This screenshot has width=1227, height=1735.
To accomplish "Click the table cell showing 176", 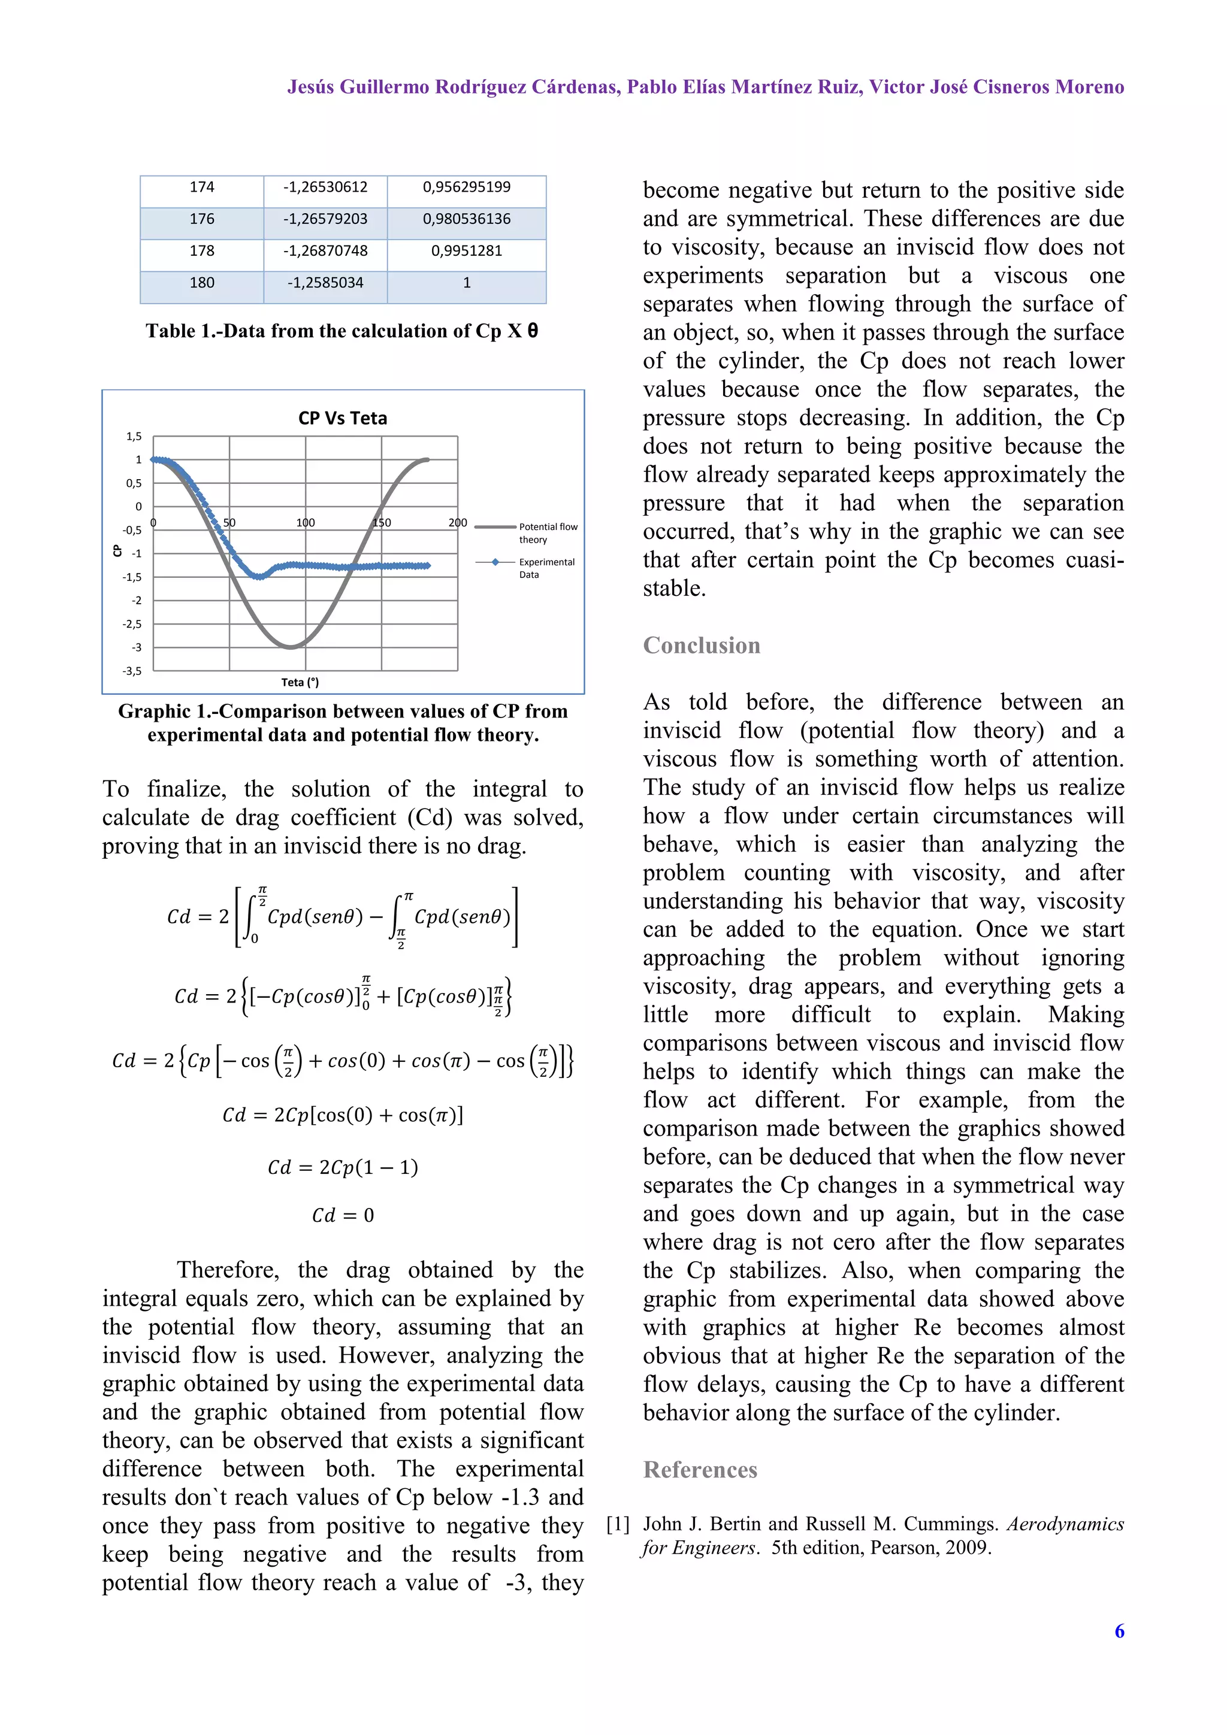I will tap(202, 219).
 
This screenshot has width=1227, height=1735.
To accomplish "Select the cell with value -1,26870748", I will tap(325, 251).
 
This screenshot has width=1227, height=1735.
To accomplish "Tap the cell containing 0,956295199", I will tap(467, 187).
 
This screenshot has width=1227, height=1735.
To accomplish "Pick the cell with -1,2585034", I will tap(325, 283).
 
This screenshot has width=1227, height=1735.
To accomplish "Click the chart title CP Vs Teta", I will tap(343, 418).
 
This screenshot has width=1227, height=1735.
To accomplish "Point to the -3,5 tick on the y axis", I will tap(132, 671).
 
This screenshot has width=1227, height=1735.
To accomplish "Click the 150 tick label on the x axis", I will tap(382, 522).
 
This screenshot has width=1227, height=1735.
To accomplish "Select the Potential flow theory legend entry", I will tap(548, 533).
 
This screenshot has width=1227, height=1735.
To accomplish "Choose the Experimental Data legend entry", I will tap(546, 568).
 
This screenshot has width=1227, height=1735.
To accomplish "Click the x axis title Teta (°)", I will tap(300, 682).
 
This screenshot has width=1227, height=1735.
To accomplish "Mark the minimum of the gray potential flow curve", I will tap(291, 647).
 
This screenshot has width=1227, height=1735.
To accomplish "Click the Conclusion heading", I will tap(701, 646).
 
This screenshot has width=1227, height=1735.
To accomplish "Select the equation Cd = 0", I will tap(343, 1215).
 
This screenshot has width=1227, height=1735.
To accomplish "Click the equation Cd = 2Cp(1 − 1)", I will tap(343, 1167).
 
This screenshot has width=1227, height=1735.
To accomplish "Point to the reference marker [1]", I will tap(618, 1524).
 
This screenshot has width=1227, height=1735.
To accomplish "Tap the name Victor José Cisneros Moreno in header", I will tap(996, 87).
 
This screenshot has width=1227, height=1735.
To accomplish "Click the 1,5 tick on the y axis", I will tap(134, 436).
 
